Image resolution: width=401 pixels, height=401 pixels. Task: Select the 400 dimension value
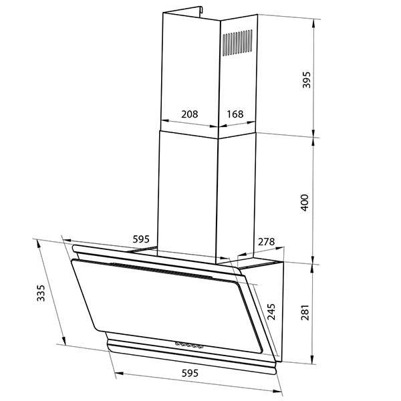click(305, 203)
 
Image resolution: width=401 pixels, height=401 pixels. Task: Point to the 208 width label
click(190, 114)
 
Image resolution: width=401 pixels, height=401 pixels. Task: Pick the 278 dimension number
click(266, 241)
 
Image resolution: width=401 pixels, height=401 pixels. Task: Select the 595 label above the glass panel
click(140, 239)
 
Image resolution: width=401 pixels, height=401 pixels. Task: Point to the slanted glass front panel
click(154, 301)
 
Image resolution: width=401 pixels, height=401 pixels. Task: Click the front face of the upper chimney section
click(189, 67)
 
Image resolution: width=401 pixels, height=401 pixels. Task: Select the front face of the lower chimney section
click(189, 194)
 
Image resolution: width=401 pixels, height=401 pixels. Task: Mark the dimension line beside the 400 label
click(315, 200)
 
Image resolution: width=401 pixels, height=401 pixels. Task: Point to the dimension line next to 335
click(51, 294)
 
